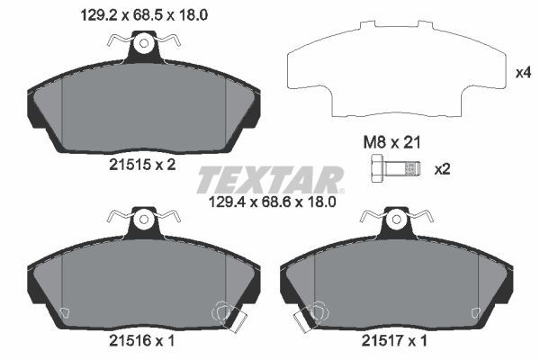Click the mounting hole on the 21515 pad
142,41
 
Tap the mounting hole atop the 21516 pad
142,219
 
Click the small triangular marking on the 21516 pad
64,312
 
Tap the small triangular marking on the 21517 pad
472,312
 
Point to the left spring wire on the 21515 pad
118,40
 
